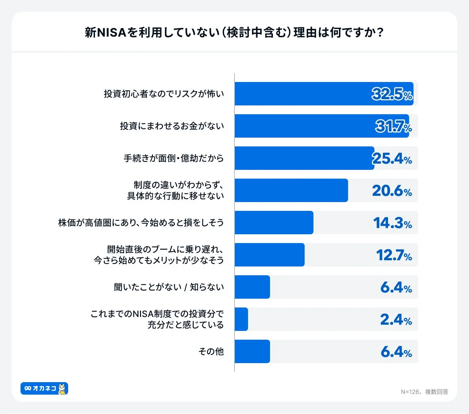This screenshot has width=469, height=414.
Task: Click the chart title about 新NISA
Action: pos(234,33)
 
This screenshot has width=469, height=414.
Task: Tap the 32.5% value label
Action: pos(392,94)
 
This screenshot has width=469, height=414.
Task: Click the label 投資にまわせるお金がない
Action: pos(172,126)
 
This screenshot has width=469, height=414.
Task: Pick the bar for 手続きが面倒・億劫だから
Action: pos(304,158)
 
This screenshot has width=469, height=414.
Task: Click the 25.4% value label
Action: pos(392,158)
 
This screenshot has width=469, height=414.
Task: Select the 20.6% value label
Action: pos(392,191)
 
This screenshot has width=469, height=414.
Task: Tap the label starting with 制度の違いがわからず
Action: pos(176,190)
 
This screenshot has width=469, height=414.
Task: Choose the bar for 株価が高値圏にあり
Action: pos(274,223)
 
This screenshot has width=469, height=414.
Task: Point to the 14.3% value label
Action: pos(392,223)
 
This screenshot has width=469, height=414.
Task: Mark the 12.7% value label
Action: pos(394,255)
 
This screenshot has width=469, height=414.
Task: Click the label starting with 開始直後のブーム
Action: pos(159,255)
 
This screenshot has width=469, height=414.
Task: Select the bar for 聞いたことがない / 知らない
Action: pos(252,287)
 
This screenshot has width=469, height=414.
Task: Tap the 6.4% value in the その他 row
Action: pos(396,352)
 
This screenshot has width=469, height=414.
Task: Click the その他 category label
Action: pos(211,351)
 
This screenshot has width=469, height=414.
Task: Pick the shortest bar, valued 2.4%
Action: pos(241,319)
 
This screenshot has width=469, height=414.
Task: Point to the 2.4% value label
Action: pos(396,320)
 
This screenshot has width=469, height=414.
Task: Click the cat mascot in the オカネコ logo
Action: pos(62,389)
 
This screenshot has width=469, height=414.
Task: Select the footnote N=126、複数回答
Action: pos(424,392)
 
